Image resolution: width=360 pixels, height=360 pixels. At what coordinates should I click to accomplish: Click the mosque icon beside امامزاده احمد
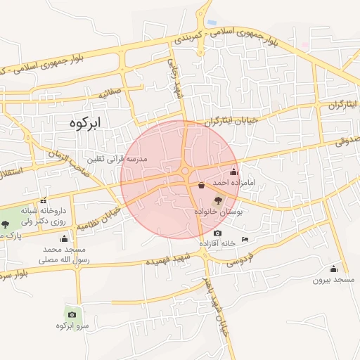(234, 172)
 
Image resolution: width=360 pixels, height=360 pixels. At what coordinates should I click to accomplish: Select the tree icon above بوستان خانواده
(216, 200)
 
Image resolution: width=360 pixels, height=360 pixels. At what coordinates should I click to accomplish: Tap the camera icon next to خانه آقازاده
(217, 233)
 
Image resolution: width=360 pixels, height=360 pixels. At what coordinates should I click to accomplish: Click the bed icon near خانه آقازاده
(245, 240)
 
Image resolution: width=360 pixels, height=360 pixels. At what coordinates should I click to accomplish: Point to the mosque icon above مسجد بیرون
(333, 269)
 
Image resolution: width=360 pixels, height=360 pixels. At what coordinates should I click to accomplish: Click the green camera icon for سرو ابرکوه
(72, 314)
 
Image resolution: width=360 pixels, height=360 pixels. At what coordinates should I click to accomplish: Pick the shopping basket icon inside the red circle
(202, 186)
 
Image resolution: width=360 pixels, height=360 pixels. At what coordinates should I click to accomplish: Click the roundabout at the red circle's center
(185, 171)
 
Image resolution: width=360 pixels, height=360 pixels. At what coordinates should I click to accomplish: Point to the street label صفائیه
(110, 91)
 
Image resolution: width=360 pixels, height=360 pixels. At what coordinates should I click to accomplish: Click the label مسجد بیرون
(332, 280)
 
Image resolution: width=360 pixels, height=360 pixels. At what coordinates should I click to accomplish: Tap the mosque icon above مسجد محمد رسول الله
(64, 238)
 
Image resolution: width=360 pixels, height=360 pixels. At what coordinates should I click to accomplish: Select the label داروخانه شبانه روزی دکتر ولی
(43, 215)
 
